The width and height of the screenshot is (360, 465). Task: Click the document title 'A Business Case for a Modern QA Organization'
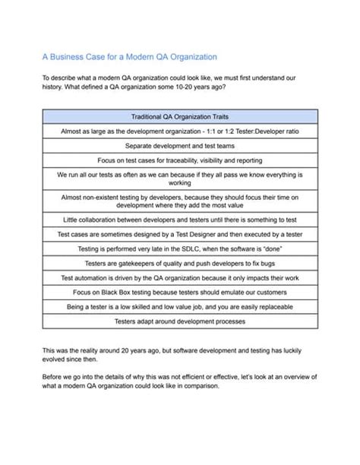[x=130, y=56]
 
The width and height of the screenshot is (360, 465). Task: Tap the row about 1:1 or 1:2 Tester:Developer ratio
[x=180, y=131]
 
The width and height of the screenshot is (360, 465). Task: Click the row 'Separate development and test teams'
[x=180, y=145]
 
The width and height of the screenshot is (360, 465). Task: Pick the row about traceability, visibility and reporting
[x=180, y=160]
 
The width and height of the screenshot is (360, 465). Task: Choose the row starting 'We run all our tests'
[x=180, y=179]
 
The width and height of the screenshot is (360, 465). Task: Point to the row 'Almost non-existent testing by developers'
[x=180, y=201]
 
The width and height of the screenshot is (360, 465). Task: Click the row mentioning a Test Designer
[x=180, y=234]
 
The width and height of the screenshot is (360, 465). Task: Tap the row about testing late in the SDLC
[x=180, y=248]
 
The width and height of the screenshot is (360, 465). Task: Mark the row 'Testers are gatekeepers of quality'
[x=180, y=263]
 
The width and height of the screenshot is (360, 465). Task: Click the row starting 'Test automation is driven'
[x=180, y=277]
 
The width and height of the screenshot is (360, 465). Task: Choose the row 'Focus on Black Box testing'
[x=180, y=292]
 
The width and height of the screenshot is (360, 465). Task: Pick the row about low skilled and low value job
[x=180, y=306]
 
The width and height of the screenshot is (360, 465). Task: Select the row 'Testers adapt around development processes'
[x=180, y=321]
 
